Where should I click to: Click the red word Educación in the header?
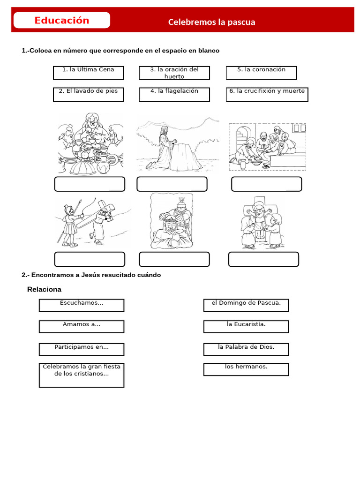tap(61, 21)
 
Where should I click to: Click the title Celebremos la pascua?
tap(211, 22)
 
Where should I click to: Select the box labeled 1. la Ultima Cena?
tap(88, 73)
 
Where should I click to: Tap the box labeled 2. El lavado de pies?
tap(88, 94)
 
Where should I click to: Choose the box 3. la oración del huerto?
tap(174, 73)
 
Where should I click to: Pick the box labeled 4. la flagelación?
tap(174, 94)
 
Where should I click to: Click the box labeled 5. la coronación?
tap(261, 73)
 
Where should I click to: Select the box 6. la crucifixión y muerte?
tap(267, 94)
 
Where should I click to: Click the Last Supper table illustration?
tap(90, 143)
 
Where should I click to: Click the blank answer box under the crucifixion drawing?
tap(263, 259)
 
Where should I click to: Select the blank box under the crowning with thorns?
tap(174, 259)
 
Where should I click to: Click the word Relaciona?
tap(44, 289)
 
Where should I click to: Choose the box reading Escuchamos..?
tap(82, 305)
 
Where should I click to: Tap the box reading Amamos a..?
tap(82, 327)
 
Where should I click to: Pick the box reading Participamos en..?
tap(82, 349)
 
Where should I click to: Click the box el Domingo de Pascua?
tap(246, 305)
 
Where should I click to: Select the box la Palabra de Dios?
tap(246, 349)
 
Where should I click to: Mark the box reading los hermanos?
tap(246, 369)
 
